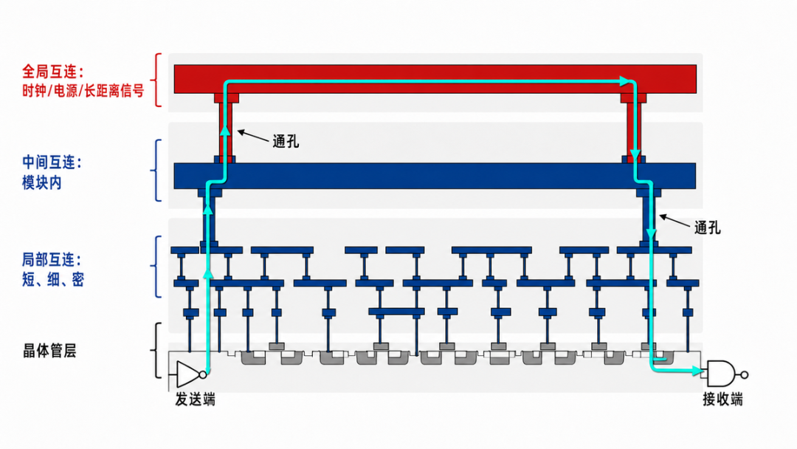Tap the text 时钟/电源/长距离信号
(83, 91)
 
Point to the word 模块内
(41, 182)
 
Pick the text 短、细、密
(53, 280)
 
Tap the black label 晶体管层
(49, 351)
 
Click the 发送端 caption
(195, 400)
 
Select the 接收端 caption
(722, 400)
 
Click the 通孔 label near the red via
(286, 141)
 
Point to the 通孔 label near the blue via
(708, 227)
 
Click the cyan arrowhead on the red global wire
(624, 80)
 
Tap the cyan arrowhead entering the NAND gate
(697, 371)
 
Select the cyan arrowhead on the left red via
(224, 130)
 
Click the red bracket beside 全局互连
(158, 80)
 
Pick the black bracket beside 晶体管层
(156, 350)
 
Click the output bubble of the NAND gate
(744, 374)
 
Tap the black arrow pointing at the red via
(253, 136)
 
